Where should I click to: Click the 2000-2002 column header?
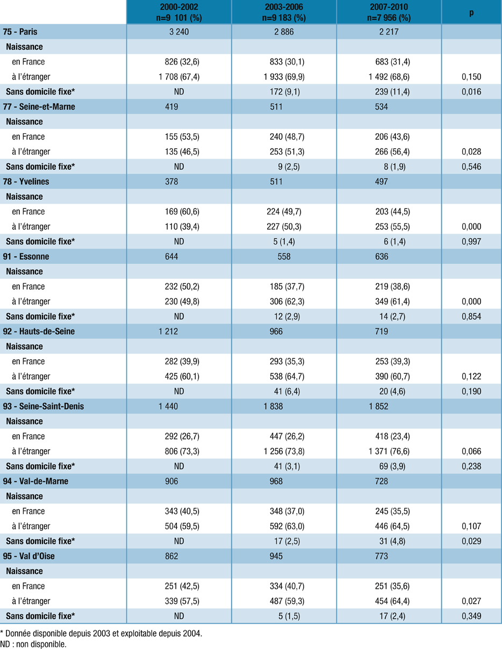tap(179, 12)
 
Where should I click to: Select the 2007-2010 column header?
tap(389, 12)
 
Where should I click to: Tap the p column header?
tap(471, 12)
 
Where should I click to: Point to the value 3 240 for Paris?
tap(179, 32)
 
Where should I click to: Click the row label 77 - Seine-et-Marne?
tap(39, 106)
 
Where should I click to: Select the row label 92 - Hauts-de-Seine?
tap(38, 331)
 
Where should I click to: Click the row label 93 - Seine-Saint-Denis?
tap(43, 406)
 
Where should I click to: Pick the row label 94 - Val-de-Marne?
tap(34, 481)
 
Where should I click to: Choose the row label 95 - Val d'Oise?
tap(32, 556)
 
